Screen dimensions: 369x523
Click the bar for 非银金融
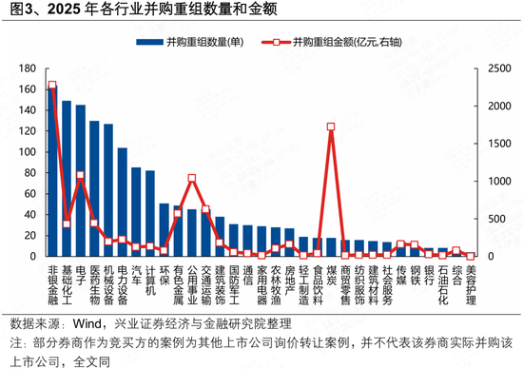pyautogui.click(x=52, y=171)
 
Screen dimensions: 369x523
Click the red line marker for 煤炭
pyautogui.click(x=331, y=126)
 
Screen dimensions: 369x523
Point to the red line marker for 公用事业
pyautogui.click(x=192, y=178)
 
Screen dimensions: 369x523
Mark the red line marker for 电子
pyautogui.click(x=81, y=175)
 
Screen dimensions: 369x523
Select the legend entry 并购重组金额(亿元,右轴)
pyautogui.click(x=338, y=43)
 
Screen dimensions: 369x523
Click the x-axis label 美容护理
pyautogui.click(x=471, y=282)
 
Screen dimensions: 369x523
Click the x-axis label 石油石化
pyautogui.click(x=442, y=282)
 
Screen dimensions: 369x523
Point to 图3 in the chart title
pyautogui.click(x=19, y=11)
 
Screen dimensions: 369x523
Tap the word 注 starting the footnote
pyautogui.click(x=13, y=343)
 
